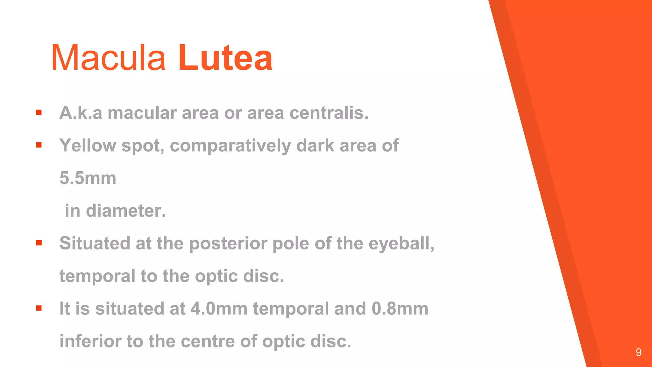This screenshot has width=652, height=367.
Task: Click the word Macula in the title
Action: [108, 58]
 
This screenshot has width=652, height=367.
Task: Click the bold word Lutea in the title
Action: [225, 58]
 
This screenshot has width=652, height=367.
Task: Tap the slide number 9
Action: [638, 352]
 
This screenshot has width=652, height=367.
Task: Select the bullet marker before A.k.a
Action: [39, 112]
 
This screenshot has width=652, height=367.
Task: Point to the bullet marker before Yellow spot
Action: [39, 145]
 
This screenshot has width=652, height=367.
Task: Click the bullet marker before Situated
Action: [39, 243]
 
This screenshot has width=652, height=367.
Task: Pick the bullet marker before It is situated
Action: [39, 308]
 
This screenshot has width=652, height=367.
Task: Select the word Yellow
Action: [88, 146]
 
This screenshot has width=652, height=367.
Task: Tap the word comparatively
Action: [230, 146]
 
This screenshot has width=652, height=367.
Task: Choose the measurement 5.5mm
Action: [88, 178]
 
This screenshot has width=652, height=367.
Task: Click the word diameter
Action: [126, 211]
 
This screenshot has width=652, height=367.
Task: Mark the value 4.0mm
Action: [219, 309]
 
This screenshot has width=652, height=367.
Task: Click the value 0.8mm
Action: [400, 309]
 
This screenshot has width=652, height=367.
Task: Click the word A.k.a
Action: [81, 113]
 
